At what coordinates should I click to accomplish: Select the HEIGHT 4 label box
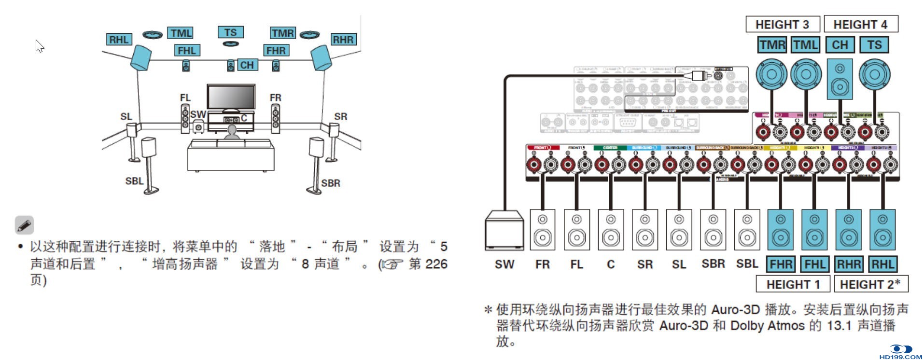(860, 24)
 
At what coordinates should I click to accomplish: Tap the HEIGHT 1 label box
(793, 284)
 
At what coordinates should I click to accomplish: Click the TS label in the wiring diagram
(874, 45)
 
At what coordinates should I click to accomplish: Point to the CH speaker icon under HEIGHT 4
(840, 79)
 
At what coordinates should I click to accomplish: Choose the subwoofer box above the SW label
(504, 230)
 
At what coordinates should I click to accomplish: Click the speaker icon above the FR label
(543, 230)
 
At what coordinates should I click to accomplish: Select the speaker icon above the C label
(611, 230)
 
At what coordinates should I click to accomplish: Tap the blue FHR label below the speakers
(781, 264)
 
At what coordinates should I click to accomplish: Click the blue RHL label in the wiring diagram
(882, 264)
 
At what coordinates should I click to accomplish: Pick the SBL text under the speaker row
(747, 264)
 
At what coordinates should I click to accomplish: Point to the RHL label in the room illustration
(119, 40)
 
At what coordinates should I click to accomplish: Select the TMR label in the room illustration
(282, 33)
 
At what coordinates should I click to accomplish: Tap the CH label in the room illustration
(247, 65)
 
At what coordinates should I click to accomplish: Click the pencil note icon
(24, 225)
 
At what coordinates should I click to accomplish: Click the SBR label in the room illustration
(331, 183)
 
